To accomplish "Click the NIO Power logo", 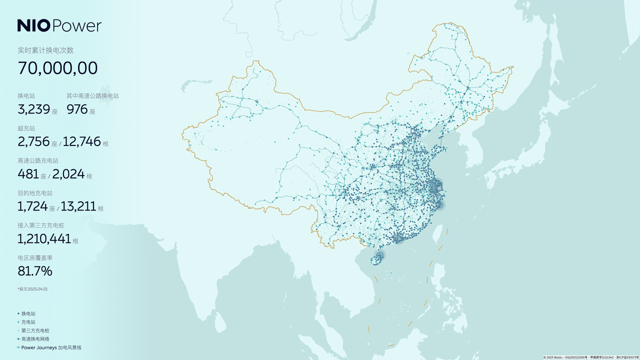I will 59,25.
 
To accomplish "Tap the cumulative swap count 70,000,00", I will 57,68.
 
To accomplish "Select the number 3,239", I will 33,109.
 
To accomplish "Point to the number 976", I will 77,109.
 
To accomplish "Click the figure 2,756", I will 33,141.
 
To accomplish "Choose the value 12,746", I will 82,141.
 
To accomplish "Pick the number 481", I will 28,174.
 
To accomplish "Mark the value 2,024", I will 68,174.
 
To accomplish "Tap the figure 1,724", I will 32,206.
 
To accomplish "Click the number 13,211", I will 79,206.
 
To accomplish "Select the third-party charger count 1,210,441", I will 44,238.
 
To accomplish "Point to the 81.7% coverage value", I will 34,271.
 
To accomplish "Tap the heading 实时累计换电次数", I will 45,50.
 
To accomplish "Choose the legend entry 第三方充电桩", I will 35,330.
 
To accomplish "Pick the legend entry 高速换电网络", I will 35,339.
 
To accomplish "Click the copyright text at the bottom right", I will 590,357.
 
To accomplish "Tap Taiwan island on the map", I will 436,233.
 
